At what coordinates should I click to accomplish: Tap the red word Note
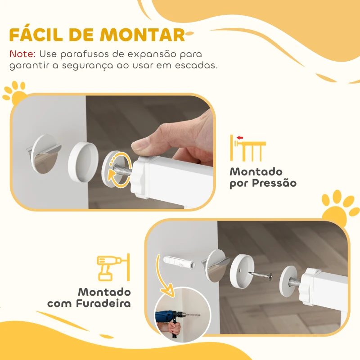pos(22,54)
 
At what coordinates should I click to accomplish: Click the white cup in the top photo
pos(83,159)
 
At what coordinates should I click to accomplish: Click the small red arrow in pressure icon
pos(239,138)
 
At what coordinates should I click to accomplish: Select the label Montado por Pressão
pos(263,178)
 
